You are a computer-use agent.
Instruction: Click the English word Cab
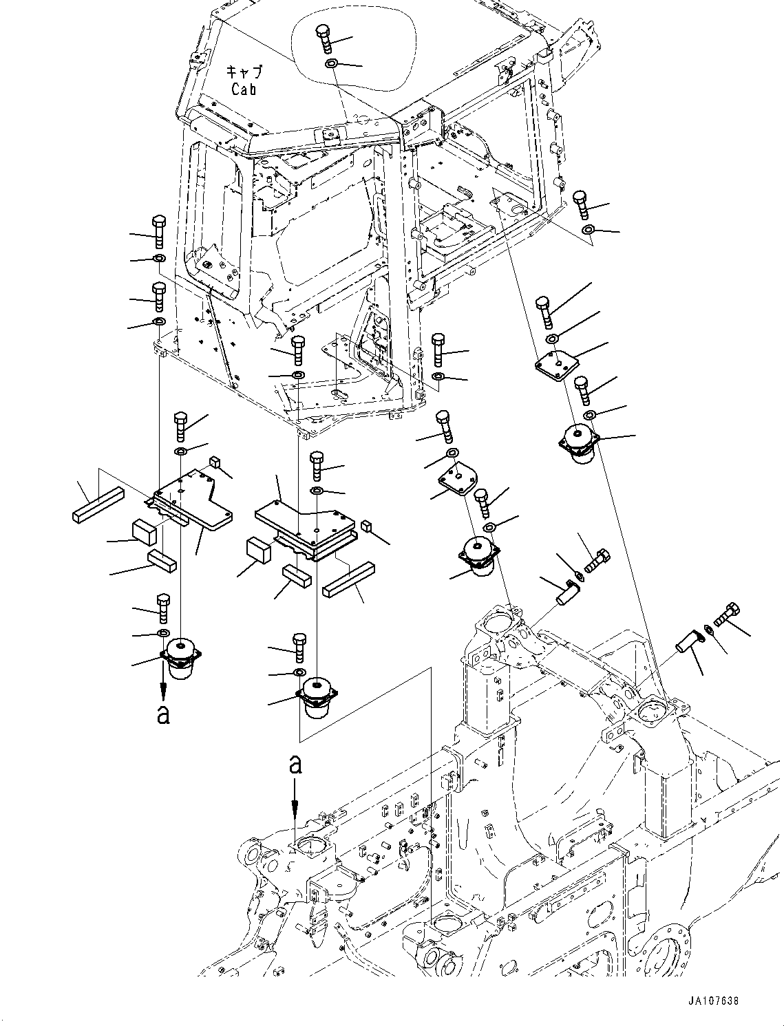point(244,89)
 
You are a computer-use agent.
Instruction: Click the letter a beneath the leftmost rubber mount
point(162,714)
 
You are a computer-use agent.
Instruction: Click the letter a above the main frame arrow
point(295,765)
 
